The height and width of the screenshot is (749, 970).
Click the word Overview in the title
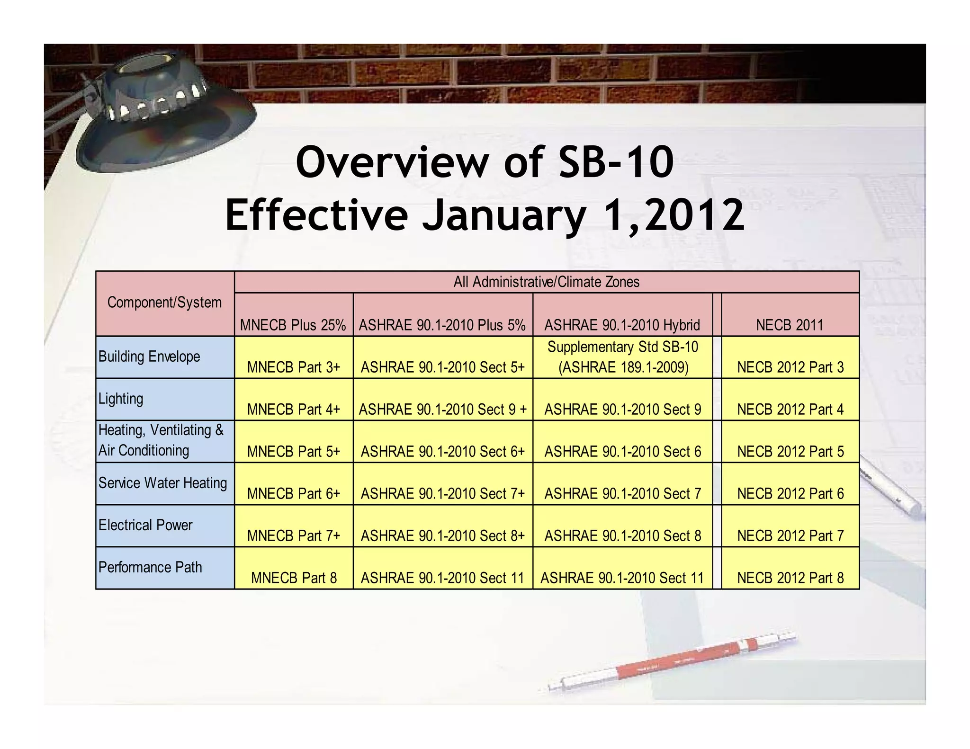coord(392,162)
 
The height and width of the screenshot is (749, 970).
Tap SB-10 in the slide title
coord(616,162)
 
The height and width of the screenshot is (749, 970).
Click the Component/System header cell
coord(164,303)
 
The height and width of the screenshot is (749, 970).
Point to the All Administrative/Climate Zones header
coord(546,282)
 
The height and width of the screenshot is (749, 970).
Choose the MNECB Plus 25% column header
coord(293,325)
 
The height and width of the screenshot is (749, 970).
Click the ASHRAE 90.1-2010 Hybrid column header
coord(622,325)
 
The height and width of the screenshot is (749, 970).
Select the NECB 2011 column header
coord(790,325)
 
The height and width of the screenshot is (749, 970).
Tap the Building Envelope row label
coord(149,357)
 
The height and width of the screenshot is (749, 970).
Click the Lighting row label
coord(121,399)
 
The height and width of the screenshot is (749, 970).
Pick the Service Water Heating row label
coord(162,483)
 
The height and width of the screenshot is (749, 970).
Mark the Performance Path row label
coord(150,567)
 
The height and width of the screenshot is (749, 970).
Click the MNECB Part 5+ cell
coord(294,451)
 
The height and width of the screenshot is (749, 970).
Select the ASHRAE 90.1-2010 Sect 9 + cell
coord(442,409)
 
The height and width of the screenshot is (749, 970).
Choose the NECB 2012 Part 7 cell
coord(790,535)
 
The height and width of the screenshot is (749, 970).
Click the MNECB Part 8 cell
coord(294,578)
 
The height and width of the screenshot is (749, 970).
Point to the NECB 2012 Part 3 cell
coord(790,367)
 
